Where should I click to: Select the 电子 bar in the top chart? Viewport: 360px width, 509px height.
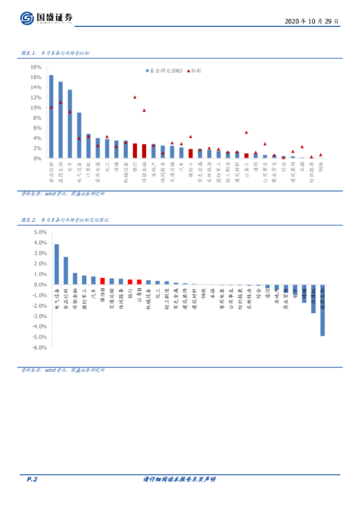(x=70, y=124)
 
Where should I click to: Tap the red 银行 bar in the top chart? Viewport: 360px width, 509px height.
(x=135, y=151)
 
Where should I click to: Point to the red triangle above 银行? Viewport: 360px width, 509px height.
(x=135, y=97)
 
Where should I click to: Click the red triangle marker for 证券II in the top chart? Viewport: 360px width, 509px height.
(x=246, y=132)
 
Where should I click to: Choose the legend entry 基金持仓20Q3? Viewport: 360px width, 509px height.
(x=165, y=71)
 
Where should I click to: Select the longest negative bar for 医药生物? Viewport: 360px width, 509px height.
(x=323, y=310)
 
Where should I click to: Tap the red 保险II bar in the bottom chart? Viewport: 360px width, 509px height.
(x=102, y=281)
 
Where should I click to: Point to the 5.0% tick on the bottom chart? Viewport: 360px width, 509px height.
(x=39, y=232)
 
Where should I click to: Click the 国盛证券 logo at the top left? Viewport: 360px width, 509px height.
(x=47, y=18)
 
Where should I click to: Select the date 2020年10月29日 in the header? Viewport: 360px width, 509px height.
(x=312, y=22)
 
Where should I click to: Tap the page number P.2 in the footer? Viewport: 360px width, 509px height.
(x=32, y=480)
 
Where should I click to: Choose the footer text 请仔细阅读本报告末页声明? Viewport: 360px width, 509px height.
(x=180, y=480)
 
